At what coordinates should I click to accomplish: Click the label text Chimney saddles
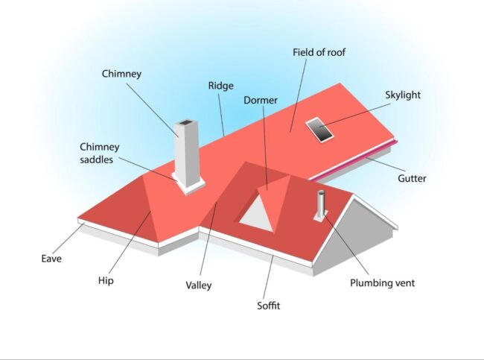[100, 153]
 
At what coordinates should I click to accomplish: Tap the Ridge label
[220, 86]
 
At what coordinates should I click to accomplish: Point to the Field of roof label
[318, 53]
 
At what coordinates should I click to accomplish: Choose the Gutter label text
[412, 178]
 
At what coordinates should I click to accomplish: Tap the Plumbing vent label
[382, 283]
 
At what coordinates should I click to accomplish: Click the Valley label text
[199, 285]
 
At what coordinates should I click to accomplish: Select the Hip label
[106, 281]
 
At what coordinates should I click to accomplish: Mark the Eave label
[51, 259]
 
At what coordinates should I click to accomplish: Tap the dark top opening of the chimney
[185, 124]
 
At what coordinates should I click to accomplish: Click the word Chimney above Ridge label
[122, 73]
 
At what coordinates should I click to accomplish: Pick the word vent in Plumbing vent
[403, 283]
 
